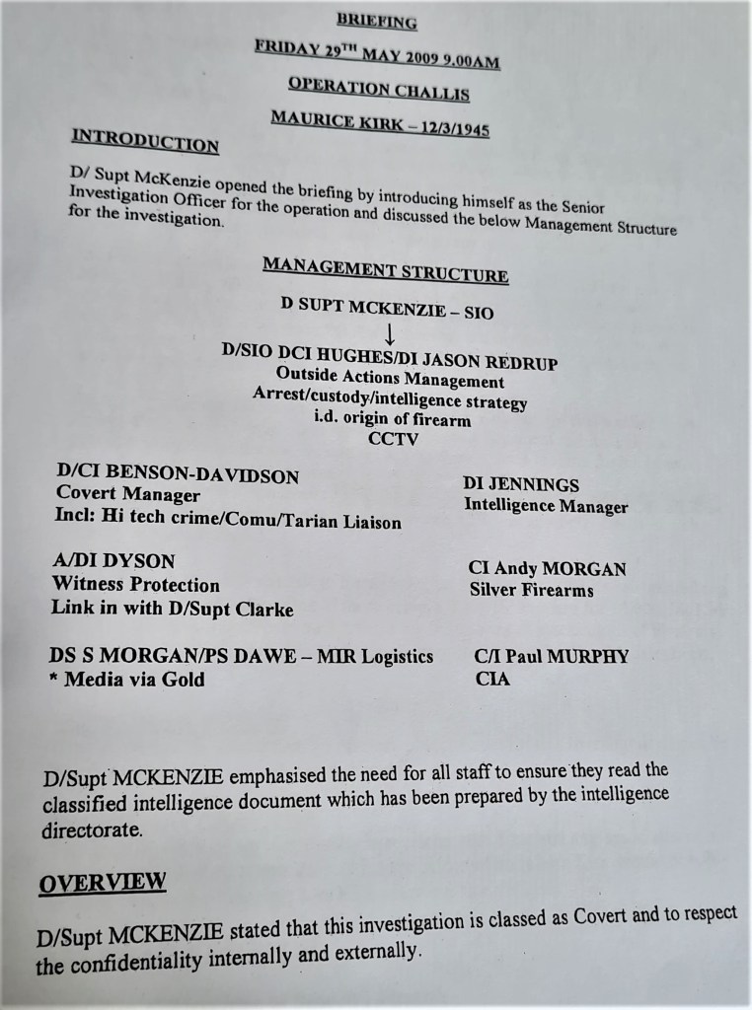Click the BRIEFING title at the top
377,20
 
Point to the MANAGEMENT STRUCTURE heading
385,269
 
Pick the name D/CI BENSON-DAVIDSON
177,474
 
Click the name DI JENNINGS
520,484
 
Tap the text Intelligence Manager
546,507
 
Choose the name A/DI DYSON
113,561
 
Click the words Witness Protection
135,584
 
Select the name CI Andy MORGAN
547,569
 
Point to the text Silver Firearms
531,591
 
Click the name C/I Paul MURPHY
552,656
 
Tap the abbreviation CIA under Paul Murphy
492,679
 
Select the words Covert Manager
127,494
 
